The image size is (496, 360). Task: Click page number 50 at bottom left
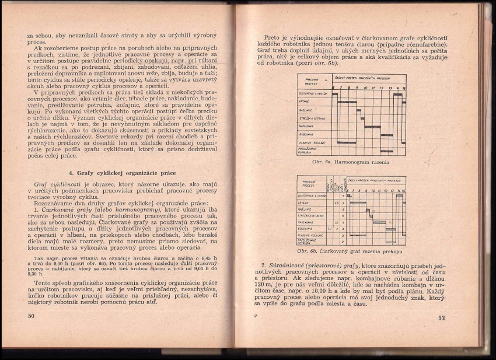pos(32,316)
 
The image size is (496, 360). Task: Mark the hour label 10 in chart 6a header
pos(365,88)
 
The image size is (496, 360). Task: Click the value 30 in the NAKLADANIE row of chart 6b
pos(337,222)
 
